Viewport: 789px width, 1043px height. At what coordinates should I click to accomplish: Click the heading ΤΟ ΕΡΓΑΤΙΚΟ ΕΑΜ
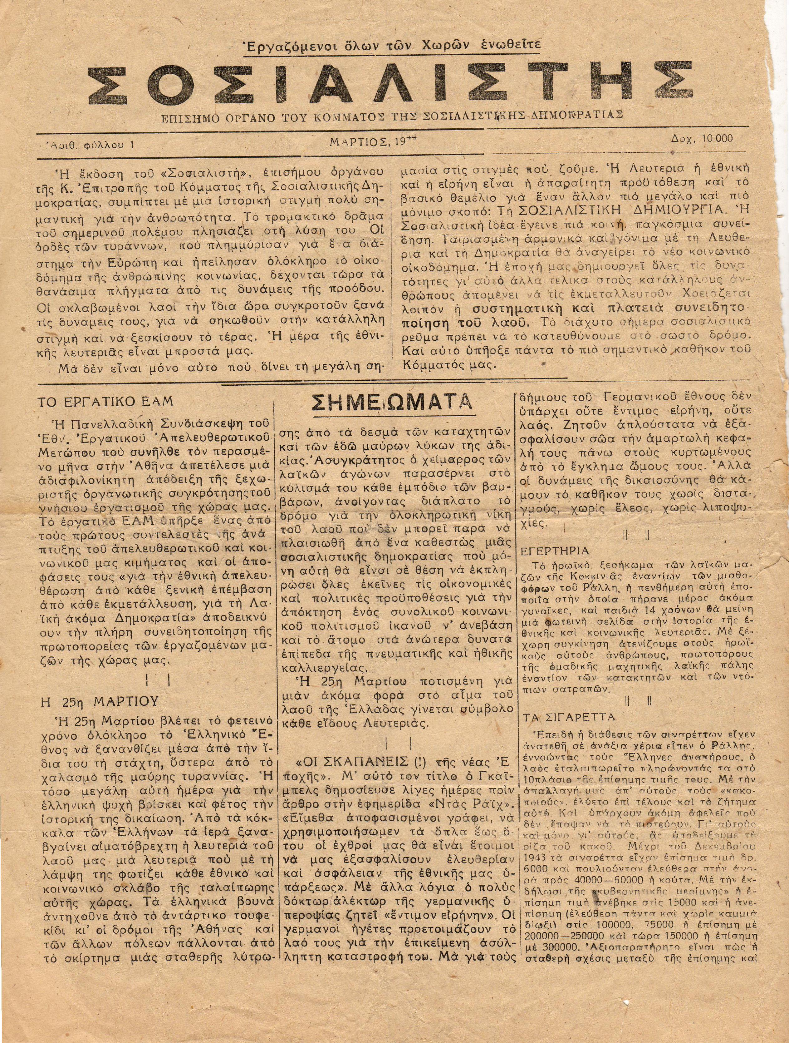pyautogui.click(x=105, y=401)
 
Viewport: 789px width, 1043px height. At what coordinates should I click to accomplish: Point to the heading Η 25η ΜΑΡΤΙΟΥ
pyautogui.click(x=100, y=701)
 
